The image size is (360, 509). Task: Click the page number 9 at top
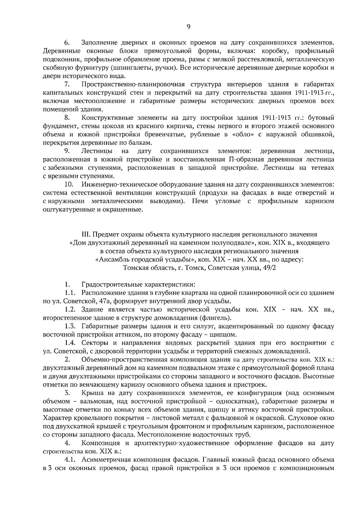click(188, 27)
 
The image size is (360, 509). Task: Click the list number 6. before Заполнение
click(67, 43)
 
